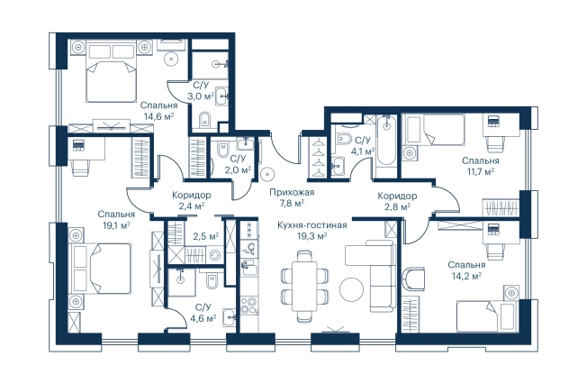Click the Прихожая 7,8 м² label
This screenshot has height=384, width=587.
pyautogui.click(x=292, y=197)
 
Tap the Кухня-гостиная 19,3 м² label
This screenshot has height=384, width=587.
pyautogui.click(x=312, y=230)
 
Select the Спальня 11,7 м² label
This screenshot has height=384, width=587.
pyautogui.click(x=480, y=166)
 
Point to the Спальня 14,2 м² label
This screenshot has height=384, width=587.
pyautogui.click(x=466, y=270)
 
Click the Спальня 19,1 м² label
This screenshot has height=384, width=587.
pyautogui.click(x=116, y=219)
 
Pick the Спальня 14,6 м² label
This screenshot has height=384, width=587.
pyautogui.click(x=158, y=111)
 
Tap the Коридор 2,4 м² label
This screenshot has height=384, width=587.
pyautogui.click(x=191, y=200)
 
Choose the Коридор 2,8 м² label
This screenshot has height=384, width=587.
pyautogui.click(x=397, y=201)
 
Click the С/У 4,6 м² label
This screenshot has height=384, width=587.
pyautogui.click(x=203, y=313)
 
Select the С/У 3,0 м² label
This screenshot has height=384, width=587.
pyautogui.click(x=201, y=91)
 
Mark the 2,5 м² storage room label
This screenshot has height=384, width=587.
pyautogui.click(x=205, y=237)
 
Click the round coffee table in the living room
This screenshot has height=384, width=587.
pyautogui.click(x=351, y=288)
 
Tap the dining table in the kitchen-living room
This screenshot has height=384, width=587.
pyautogui.click(x=304, y=286)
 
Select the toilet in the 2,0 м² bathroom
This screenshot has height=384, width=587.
pyautogui.click(x=223, y=151)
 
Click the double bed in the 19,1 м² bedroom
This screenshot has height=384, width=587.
pyautogui.click(x=101, y=268)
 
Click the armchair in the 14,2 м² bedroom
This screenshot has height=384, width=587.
pyautogui.click(x=414, y=279)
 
